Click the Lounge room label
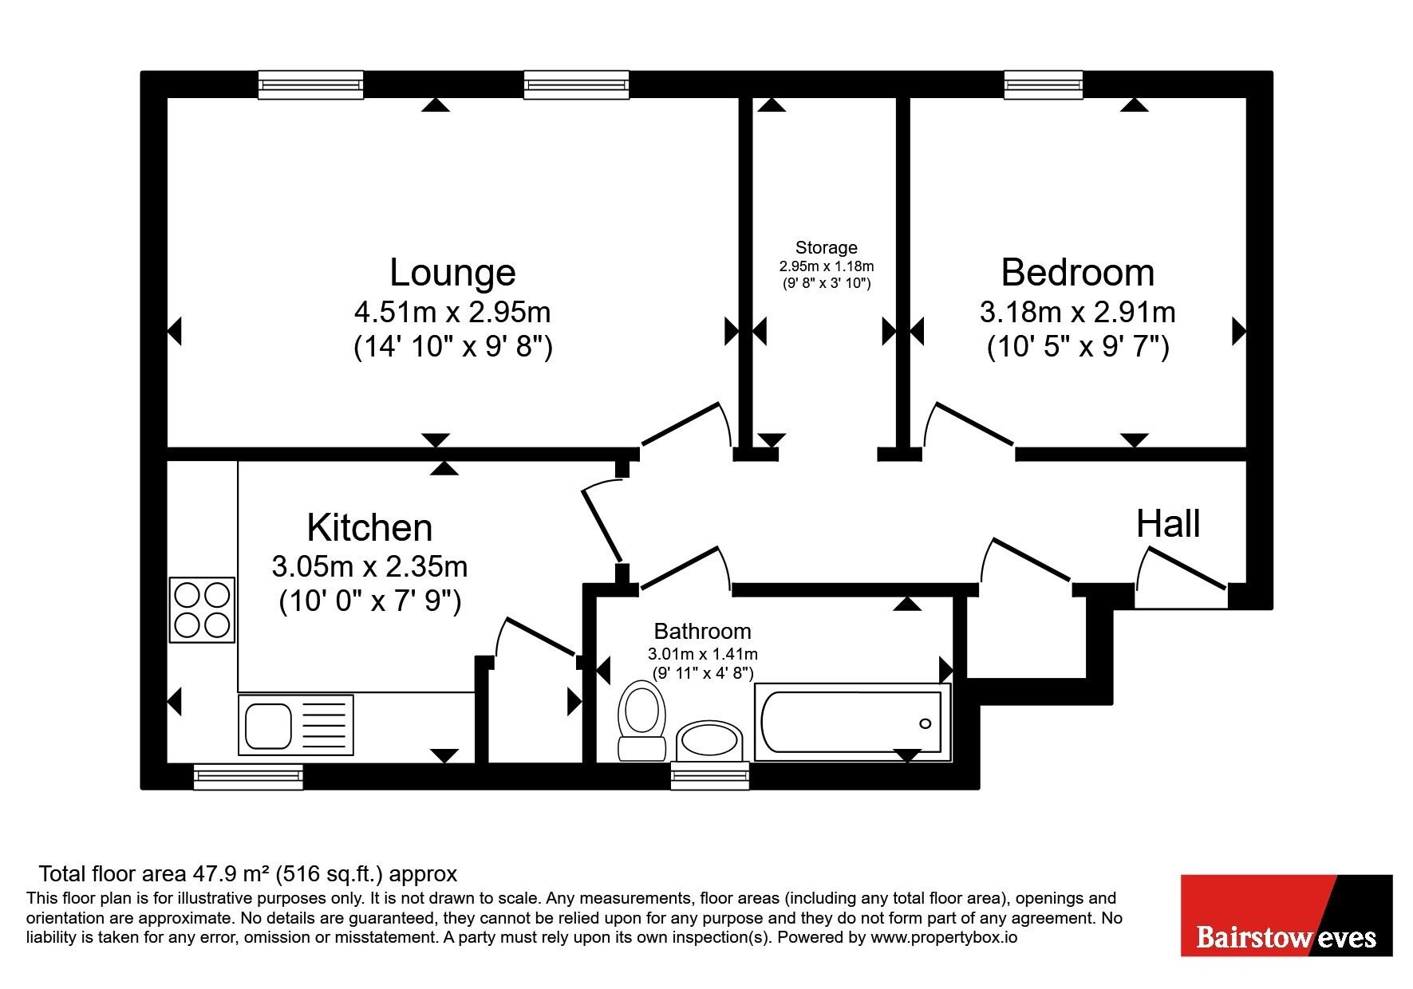[x=452, y=273]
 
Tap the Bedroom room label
[x=1078, y=273]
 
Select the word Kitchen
[x=369, y=528]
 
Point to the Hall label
[x=1168, y=524]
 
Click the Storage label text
[x=827, y=248]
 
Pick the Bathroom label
[x=702, y=632]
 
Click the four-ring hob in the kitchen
[x=202, y=610]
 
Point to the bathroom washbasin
[x=710, y=740]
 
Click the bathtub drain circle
[x=926, y=724]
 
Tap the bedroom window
[x=1044, y=84]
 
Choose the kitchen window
[x=248, y=777]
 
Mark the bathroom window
[x=710, y=776]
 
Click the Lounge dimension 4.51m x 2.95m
[x=452, y=312]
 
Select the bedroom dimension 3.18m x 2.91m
[x=1078, y=312]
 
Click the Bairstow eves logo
[x=1286, y=916]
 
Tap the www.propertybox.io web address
[x=944, y=938]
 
